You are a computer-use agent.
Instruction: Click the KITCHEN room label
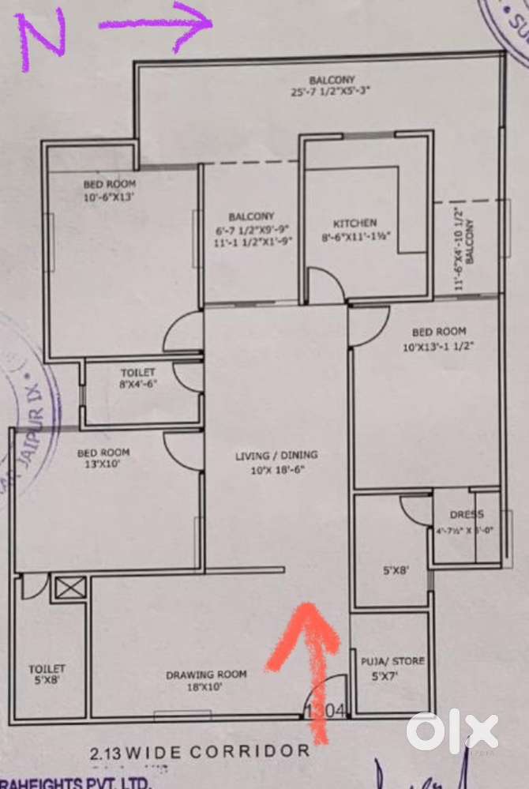355,224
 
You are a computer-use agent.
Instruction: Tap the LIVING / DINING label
276,455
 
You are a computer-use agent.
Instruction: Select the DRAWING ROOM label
206,674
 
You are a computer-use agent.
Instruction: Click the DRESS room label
466,515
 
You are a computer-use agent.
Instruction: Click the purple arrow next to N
156,24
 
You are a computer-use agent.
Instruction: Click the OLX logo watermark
452,731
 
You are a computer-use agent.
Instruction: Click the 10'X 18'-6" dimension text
276,470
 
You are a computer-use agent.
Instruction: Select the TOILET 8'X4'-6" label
138,378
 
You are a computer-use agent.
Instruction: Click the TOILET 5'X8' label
47,674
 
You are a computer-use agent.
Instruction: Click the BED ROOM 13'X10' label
103,459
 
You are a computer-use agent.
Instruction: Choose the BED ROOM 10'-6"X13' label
110,190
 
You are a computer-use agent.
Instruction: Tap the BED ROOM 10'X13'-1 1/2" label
433,339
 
